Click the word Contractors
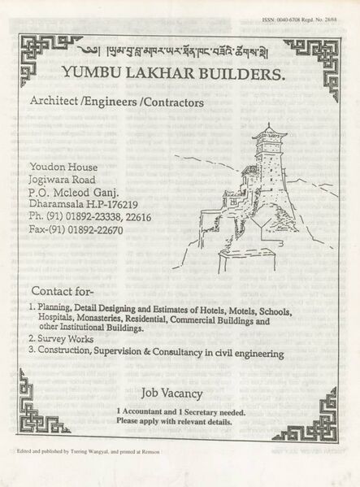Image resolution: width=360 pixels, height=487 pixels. (x=169, y=103)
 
